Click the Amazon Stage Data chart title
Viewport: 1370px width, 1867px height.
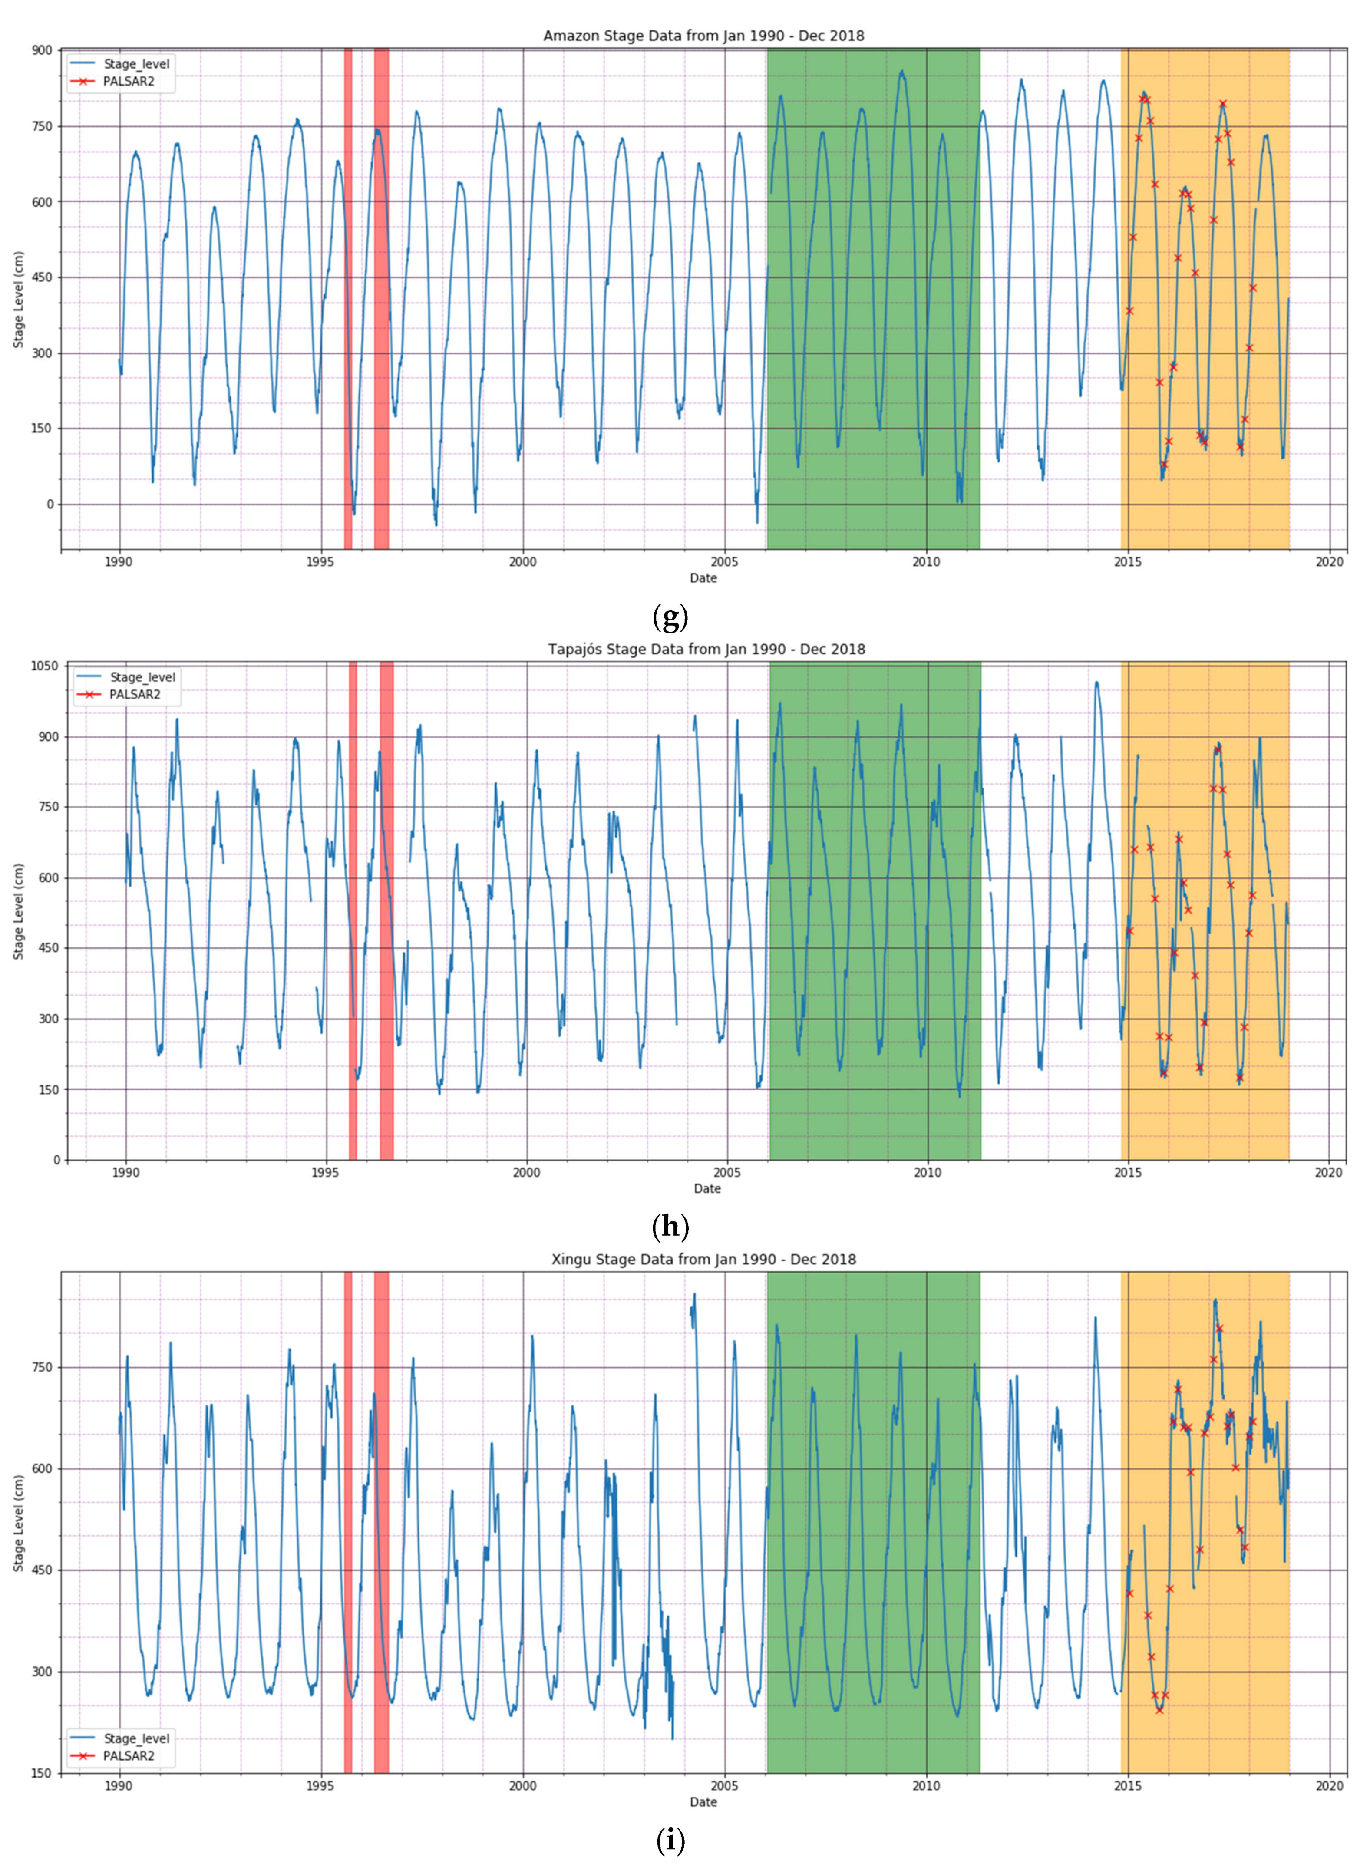click(x=703, y=36)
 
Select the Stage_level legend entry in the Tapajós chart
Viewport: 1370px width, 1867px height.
click(x=142, y=677)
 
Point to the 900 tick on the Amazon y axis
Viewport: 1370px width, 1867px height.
click(x=42, y=50)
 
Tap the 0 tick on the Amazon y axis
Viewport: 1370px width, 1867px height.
click(x=50, y=504)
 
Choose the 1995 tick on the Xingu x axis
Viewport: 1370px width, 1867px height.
click(x=321, y=1786)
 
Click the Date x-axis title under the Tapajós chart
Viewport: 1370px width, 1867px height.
click(x=706, y=1189)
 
